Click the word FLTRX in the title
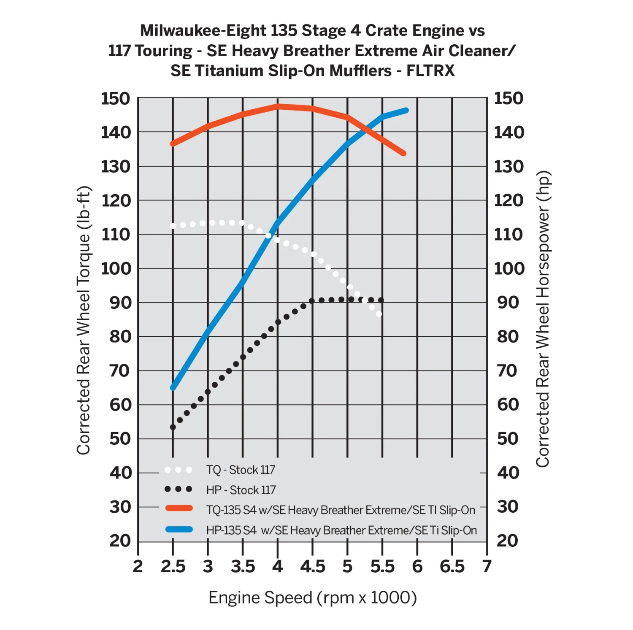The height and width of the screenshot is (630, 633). [430, 70]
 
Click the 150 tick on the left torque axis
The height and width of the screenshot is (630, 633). [116, 98]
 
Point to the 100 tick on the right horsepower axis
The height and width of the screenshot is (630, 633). [509, 268]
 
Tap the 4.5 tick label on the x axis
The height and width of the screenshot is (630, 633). [313, 566]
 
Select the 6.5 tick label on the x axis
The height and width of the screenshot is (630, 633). [452, 566]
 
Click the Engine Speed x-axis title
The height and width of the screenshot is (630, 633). [313, 598]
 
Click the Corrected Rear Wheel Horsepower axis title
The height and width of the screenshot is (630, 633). [543, 319]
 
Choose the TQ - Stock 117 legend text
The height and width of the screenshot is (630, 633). [241, 470]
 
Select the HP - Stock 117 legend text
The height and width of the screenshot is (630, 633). [241, 490]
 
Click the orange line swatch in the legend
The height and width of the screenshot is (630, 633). [179, 508]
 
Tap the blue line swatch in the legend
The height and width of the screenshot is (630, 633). [179, 529]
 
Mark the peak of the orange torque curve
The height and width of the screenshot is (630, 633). [278, 106]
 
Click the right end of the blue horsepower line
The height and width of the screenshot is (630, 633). [406, 111]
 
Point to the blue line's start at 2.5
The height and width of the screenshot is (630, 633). [173, 388]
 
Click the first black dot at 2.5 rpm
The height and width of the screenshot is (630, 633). [173, 427]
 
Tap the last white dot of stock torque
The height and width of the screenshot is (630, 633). [379, 314]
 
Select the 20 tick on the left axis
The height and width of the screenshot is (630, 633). [120, 541]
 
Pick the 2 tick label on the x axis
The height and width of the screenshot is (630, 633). [138, 566]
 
